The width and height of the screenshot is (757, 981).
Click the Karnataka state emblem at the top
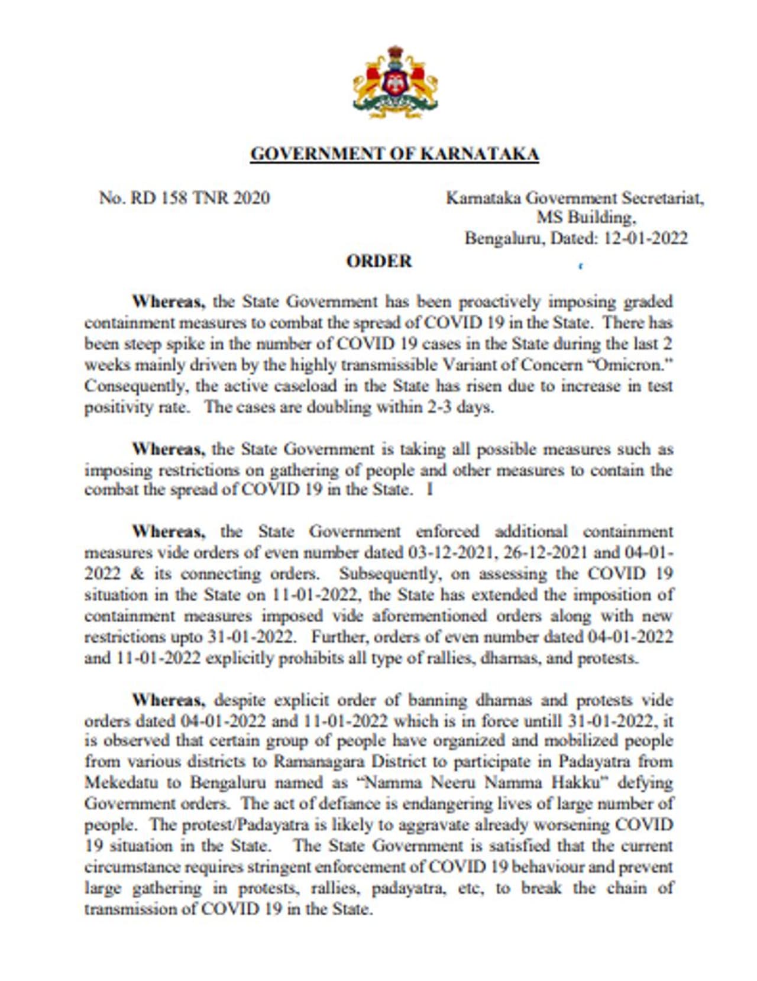(395, 83)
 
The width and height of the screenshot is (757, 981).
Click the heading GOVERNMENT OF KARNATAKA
(394, 154)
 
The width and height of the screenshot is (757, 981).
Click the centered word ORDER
(379, 261)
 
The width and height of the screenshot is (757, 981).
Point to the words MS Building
(585, 218)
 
